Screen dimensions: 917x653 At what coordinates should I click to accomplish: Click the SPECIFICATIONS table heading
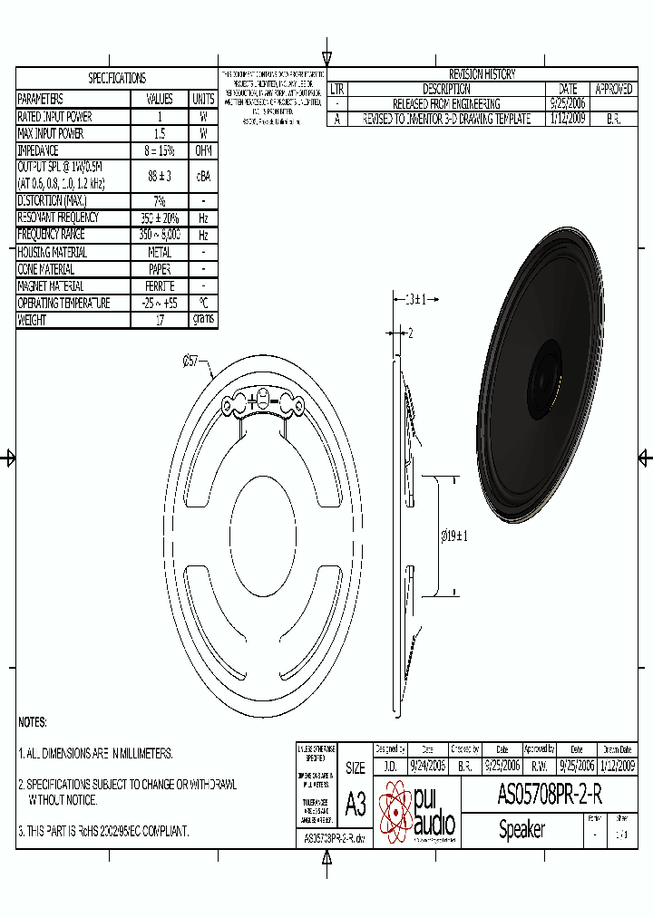pos(116,79)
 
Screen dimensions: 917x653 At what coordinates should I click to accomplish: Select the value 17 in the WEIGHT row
pos(160,320)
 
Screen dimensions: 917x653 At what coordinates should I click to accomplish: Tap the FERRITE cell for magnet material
pos(160,286)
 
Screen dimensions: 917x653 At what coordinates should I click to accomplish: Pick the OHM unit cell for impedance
pos(203,150)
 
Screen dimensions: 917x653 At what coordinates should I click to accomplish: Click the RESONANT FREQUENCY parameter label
pos(58,217)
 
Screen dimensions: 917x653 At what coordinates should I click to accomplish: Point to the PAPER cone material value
pos(160,269)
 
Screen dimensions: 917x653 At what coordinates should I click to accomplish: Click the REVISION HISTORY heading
pos(482,74)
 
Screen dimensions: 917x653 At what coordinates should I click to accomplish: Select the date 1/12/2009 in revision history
pos(568,119)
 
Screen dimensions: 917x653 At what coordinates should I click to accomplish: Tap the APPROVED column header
pos(614,89)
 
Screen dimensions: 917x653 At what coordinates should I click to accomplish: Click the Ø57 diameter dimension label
pos(191,361)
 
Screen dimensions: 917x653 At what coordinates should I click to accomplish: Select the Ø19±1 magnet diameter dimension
pos(454,536)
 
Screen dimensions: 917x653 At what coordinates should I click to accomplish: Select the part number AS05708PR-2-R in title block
pos(550,795)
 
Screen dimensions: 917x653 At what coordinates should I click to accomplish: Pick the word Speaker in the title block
pos(521,829)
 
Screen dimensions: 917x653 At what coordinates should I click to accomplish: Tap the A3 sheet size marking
pos(356,804)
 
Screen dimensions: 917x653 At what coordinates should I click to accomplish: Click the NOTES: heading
pos(33,722)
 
